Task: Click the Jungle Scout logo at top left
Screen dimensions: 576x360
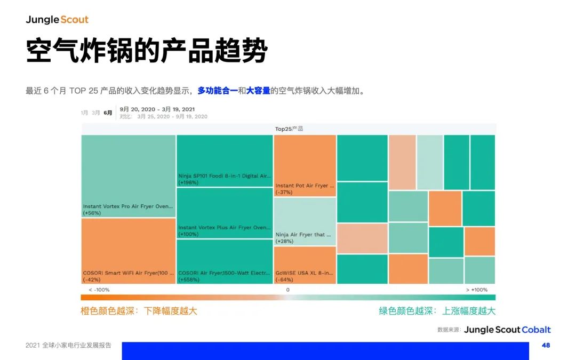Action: [x=57, y=20]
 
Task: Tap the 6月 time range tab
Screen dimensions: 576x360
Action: [x=108, y=113]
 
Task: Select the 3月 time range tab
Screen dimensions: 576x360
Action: [x=96, y=113]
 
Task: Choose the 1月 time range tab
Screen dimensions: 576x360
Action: [x=84, y=113]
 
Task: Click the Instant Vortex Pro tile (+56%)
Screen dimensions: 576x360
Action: [x=128, y=176]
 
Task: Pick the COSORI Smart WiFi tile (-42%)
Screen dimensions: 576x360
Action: [x=128, y=251]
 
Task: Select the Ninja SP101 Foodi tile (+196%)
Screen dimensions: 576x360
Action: [x=225, y=161]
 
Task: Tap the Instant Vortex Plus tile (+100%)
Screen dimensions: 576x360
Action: [x=225, y=213]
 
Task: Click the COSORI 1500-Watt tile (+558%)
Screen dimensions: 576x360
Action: [x=225, y=261]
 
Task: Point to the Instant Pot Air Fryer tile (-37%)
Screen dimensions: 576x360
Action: [x=305, y=166]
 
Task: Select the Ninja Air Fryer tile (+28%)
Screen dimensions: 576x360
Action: [x=305, y=221]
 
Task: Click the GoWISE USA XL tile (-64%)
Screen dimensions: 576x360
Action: [x=305, y=265]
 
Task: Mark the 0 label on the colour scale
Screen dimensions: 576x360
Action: [x=287, y=290]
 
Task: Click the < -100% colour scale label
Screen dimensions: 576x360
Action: [x=99, y=290]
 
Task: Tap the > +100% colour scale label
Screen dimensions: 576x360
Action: [x=477, y=290]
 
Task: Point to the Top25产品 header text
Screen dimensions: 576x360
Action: [x=289, y=129]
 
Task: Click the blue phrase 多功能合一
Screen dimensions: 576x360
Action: [x=218, y=91]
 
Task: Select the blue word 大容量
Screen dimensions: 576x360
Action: [x=258, y=91]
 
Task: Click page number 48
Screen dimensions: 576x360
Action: [x=546, y=345]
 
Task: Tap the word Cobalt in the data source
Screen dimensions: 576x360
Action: [x=536, y=330]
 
